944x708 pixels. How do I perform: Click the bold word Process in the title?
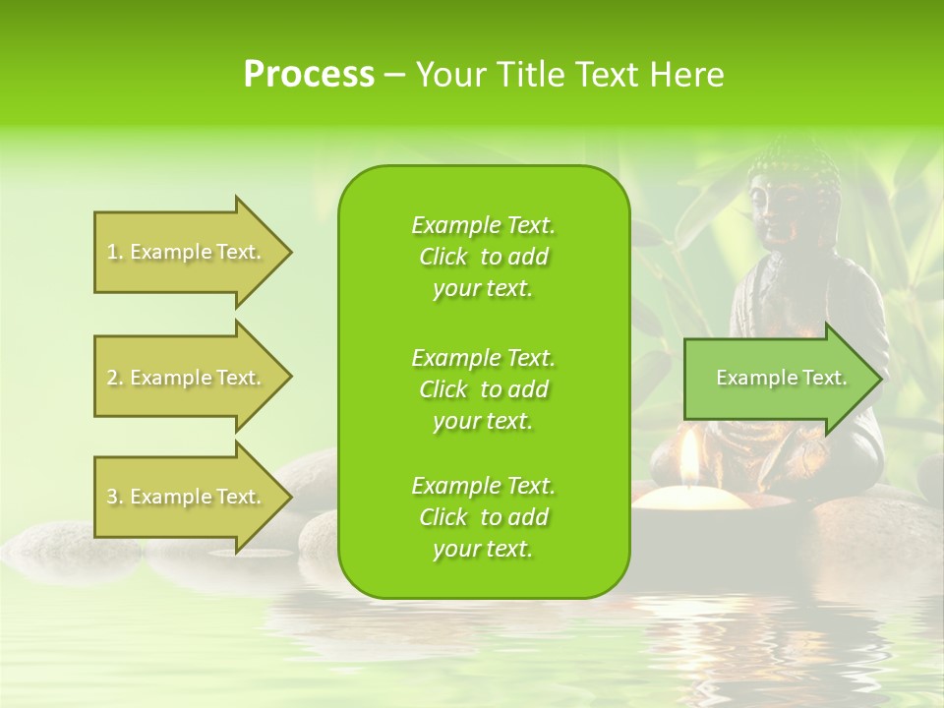pyautogui.click(x=309, y=75)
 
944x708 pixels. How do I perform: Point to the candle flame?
pyautogui.click(x=690, y=454)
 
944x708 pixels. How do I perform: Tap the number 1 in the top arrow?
pyautogui.click(x=112, y=252)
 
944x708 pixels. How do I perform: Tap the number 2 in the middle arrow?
pyautogui.click(x=113, y=378)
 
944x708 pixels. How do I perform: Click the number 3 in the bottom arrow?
pyautogui.click(x=113, y=497)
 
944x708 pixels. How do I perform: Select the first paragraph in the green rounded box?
pyautogui.click(x=483, y=257)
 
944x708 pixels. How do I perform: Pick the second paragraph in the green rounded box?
pyautogui.click(x=483, y=389)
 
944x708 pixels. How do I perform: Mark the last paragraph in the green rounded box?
pyautogui.click(x=483, y=517)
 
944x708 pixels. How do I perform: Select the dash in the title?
pyautogui.click(x=394, y=76)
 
